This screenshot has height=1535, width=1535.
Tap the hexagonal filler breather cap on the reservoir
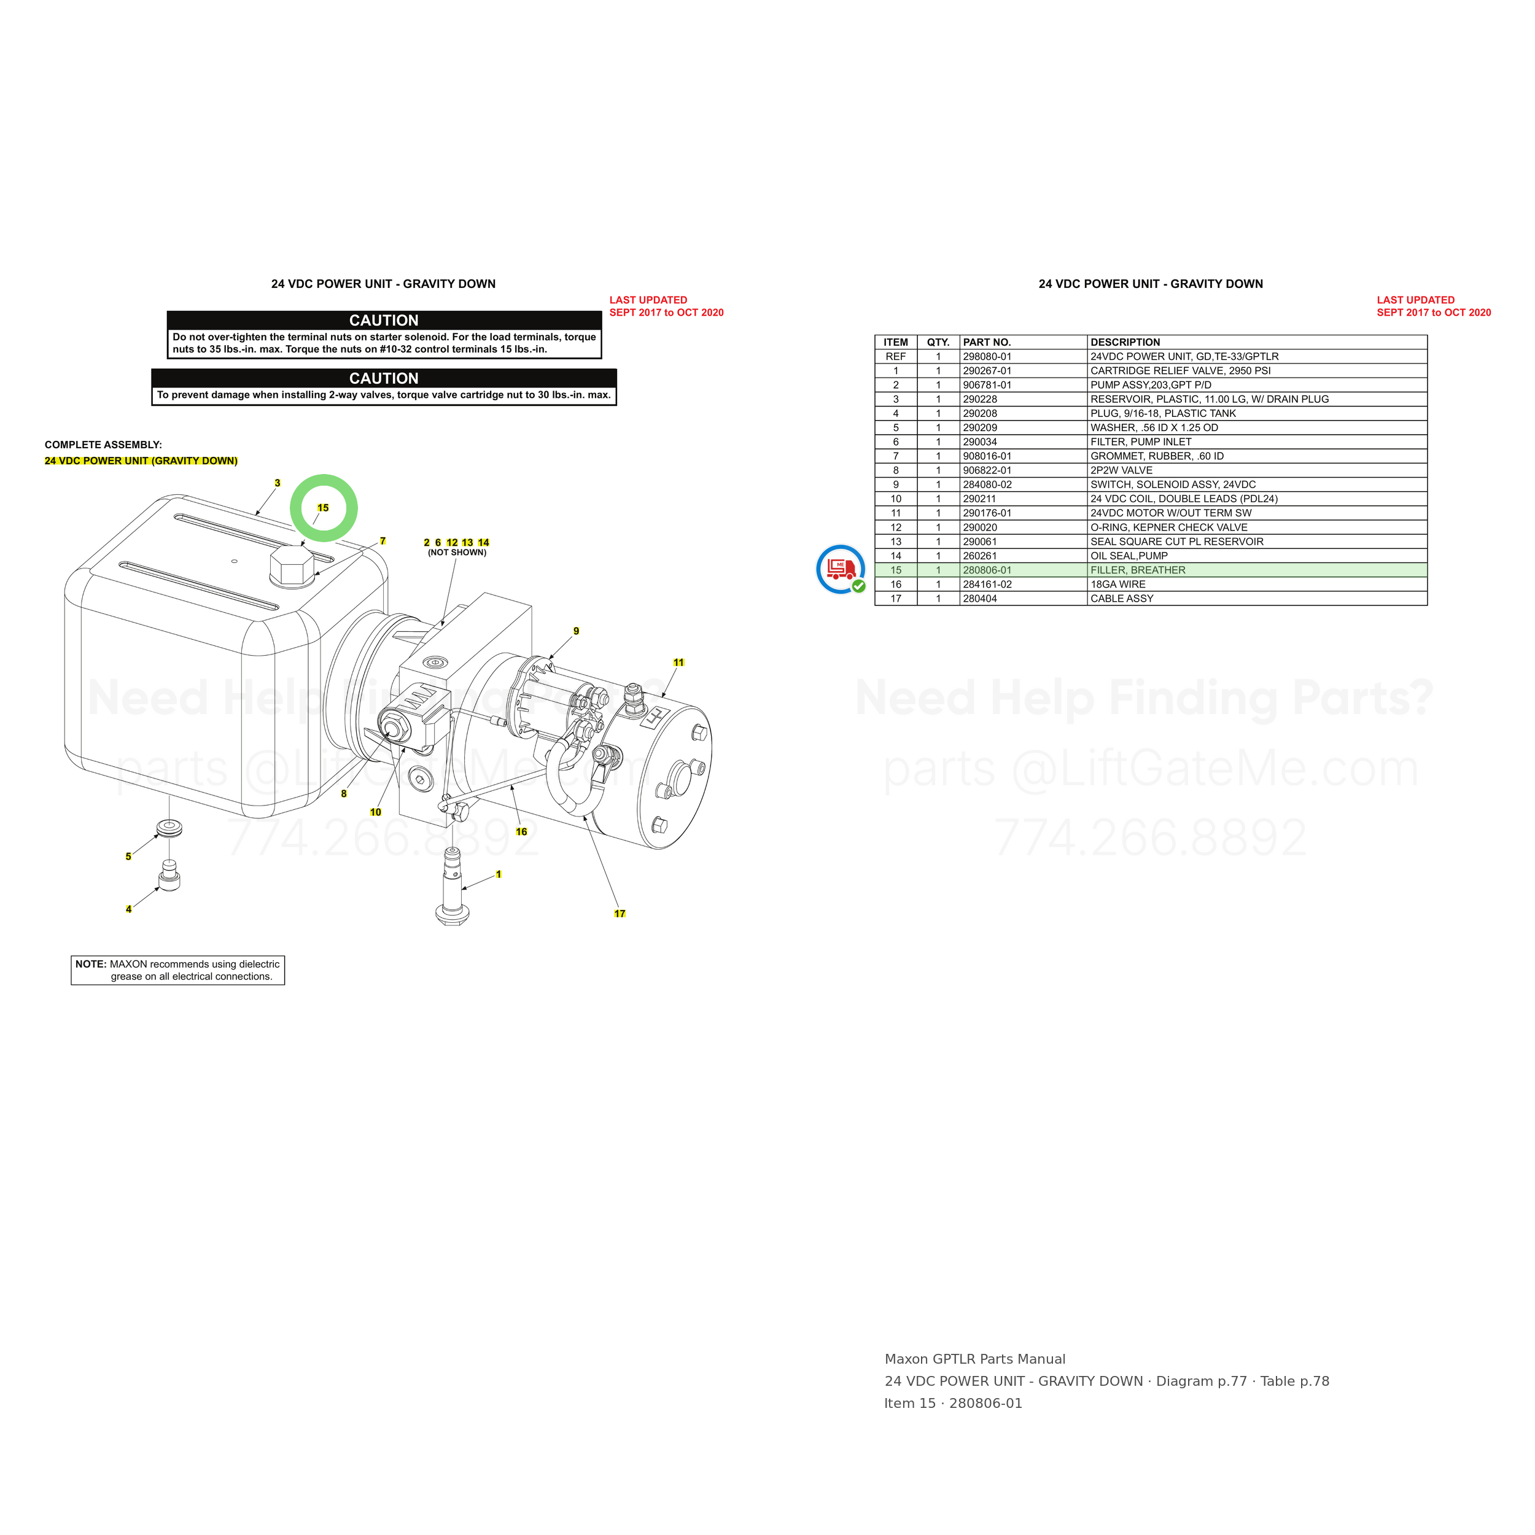click(x=292, y=565)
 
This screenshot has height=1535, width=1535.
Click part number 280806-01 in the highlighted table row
click(x=987, y=570)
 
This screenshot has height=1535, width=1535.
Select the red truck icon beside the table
click(x=841, y=569)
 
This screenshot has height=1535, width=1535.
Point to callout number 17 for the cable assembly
click(x=620, y=914)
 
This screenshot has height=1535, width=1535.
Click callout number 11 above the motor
click(x=678, y=663)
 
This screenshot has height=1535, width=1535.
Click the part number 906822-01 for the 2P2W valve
click(x=987, y=470)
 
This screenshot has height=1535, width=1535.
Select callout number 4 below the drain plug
click(x=129, y=909)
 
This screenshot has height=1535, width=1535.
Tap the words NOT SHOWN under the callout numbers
click(x=457, y=552)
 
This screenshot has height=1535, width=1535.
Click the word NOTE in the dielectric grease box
click(x=91, y=964)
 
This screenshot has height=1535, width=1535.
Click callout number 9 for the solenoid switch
click(x=576, y=631)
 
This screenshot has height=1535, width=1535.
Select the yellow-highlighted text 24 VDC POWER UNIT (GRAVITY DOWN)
click(x=141, y=461)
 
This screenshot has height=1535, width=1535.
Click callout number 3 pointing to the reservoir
click(x=278, y=483)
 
